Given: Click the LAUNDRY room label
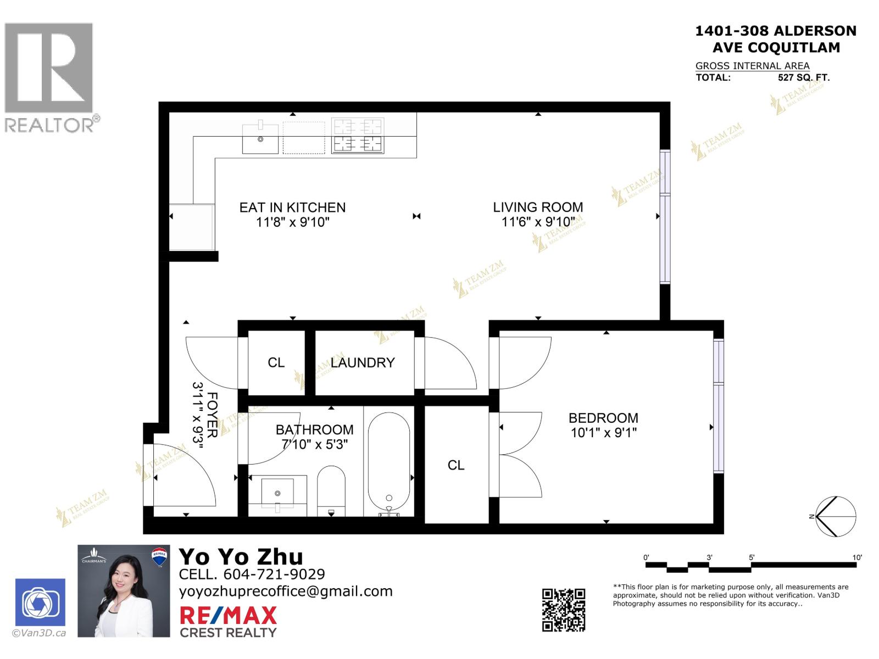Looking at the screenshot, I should point(363,362).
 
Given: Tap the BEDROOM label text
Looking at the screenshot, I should point(603,418).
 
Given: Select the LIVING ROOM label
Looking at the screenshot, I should point(538,207).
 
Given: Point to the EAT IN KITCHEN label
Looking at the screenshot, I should point(292,207).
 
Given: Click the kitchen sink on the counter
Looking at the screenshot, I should point(261,138).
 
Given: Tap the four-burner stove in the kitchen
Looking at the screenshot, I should point(358,136).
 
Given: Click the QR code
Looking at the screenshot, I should point(564,610).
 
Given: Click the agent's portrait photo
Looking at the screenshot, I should point(124,591).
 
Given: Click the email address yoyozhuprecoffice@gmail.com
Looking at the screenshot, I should point(286,591).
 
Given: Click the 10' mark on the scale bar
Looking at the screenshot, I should point(857,558).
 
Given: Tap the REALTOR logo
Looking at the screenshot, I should point(50,77).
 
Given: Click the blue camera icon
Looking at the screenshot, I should point(40,602).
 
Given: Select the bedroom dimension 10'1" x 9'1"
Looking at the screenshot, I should point(603,433).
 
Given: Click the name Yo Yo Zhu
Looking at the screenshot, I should point(241,557).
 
